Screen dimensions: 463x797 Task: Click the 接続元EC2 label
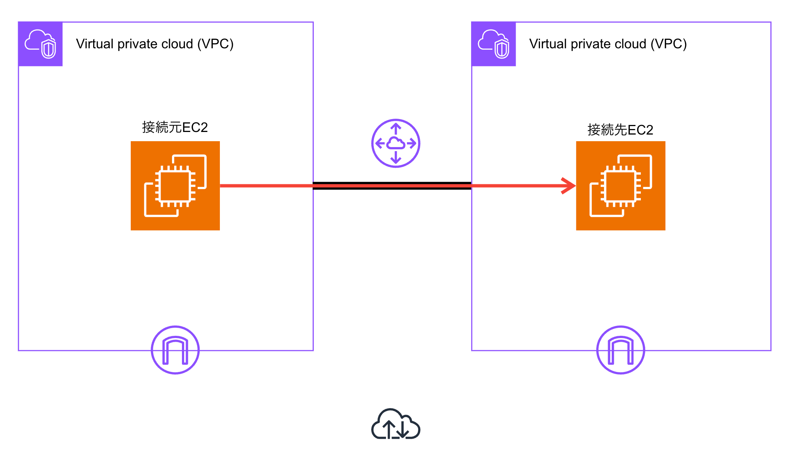click(x=175, y=128)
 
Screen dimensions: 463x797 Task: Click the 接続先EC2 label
click(x=620, y=130)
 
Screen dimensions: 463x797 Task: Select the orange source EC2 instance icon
click(x=175, y=186)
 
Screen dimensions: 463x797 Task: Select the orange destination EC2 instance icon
click(x=621, y=186)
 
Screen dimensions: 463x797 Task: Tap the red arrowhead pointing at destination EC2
click(x=569, y=186)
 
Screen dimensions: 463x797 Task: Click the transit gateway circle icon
click(x=396, y=143)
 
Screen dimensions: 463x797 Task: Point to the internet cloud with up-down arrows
click(x=396, y=425)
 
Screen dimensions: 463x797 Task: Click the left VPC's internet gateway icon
click(x=175, y=350)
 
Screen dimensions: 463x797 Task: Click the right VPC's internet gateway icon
click(x=621, y=350)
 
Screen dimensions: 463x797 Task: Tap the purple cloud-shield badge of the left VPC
click(x=41, y=44)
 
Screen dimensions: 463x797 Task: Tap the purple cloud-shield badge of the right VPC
click(x=494, y=44)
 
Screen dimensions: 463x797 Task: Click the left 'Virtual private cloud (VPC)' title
click(x=155, y=44)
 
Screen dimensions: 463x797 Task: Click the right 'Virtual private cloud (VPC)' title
click(x=608, y=44)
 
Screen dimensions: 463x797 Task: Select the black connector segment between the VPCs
click(x=392, y=183)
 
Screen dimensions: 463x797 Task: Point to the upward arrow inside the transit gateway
click(x=396, y=129)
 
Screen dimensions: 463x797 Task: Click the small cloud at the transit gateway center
click(x=396, y=143)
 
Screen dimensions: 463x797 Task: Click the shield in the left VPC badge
click(x=49, y=49)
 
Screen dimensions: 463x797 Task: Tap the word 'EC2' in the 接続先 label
click(x=640, y=130)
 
